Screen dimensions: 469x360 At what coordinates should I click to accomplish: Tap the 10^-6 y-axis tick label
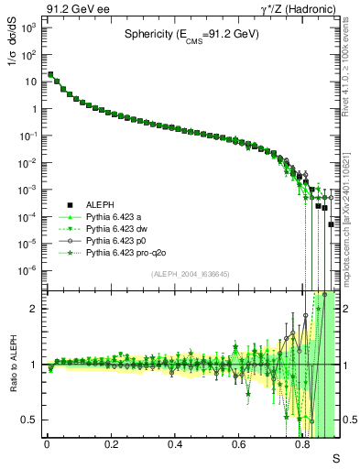pos(29,269)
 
